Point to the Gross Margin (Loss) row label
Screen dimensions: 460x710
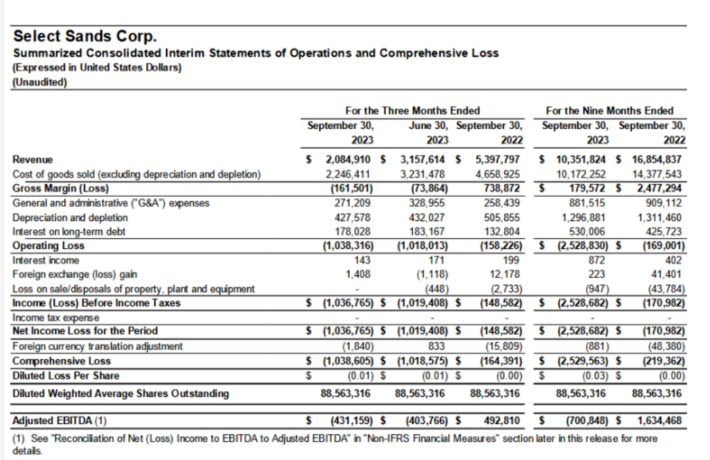click(x=60, y=187)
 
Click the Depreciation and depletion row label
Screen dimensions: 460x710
click(x=70, y=217)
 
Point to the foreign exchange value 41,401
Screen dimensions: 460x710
click(x=669, y=274)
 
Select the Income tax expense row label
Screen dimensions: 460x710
click(x=56, y=317)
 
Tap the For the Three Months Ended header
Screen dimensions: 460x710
click(x=414, y=111)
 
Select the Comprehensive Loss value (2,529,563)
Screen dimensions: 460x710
click(x=584, y=361)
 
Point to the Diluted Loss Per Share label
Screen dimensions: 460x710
click(x=66, y=375)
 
